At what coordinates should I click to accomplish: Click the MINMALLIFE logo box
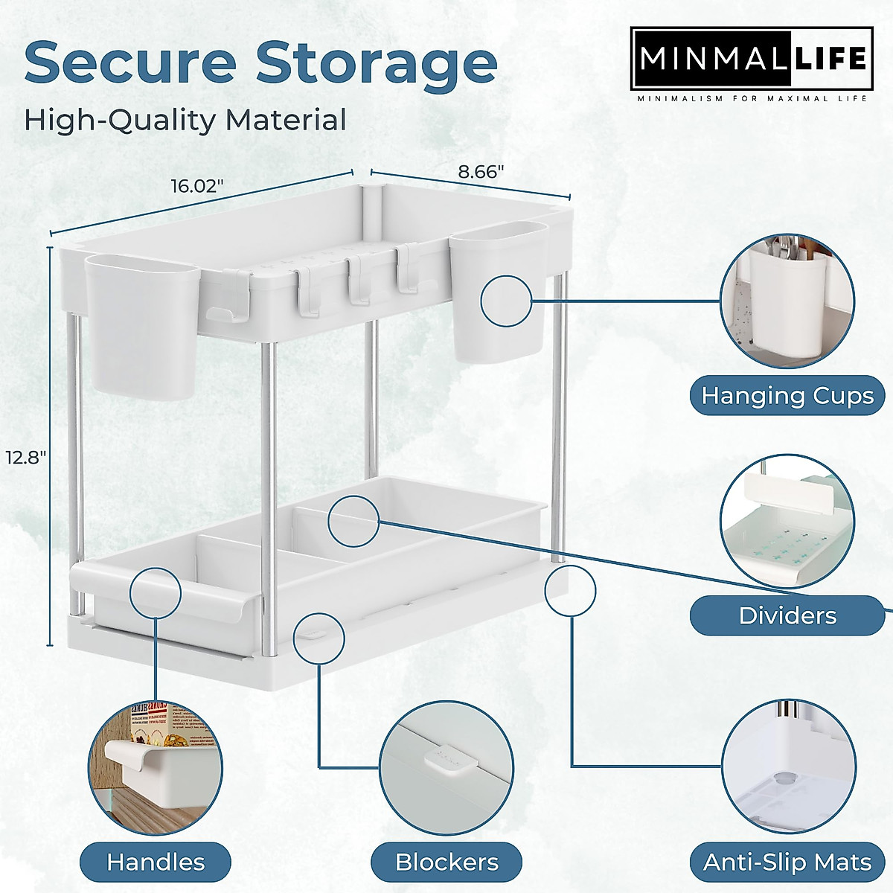(752, 59)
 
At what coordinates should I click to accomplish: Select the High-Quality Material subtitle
(185, 120)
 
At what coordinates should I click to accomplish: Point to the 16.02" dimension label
(198, 185)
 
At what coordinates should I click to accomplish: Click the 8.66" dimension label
(481, 172)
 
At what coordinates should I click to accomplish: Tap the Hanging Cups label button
(787, 395)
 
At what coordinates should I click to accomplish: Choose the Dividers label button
(787, 615)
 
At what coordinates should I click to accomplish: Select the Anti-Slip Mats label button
(787, 842)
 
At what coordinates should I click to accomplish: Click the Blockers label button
(447, 842)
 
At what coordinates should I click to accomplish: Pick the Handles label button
(156, 842)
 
